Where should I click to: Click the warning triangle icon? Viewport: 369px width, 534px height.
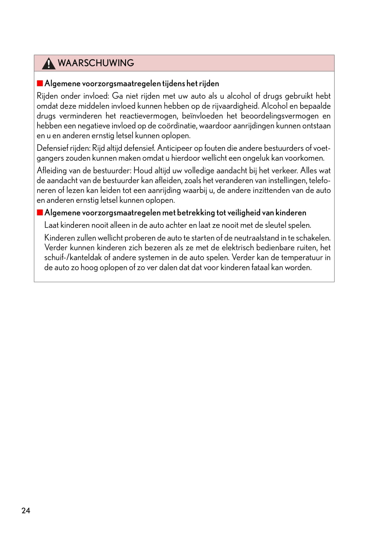tap(48, 63)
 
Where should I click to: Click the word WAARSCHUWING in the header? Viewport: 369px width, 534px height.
tap(96, 63)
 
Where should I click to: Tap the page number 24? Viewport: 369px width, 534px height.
tap(26, 510)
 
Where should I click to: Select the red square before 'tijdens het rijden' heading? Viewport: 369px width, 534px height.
tap(40, 83)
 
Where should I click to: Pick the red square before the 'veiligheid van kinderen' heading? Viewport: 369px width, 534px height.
tap(40, 212)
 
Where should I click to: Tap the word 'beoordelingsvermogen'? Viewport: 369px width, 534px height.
tap(279, 116)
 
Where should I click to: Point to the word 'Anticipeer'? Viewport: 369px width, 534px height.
tap(174, 148)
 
